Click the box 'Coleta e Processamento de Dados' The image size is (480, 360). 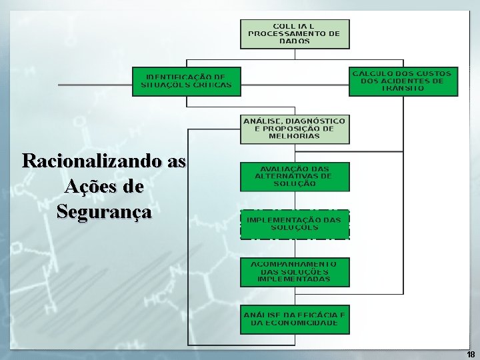click(x=294, y=33)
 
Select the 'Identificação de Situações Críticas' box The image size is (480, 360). click(x=187, y=81)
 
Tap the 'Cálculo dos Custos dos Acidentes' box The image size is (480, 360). click(x=403, y=81)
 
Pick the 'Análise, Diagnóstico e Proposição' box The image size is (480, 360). click(x=294, y=129)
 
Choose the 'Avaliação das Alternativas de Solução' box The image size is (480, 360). click(x=294, y=176)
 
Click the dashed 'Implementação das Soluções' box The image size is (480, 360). click(x=294, y=224)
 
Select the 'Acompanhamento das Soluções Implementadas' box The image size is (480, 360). click(x=294, y=272)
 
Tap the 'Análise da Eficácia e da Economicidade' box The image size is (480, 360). click(x=294, y=319)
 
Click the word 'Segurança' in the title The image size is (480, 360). click(x=104, y=212)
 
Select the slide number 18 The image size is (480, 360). click(x=471, y=354)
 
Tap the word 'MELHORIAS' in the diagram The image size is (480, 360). click(x=294, y=136)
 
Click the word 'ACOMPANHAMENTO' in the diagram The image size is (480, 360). click(x=294, y=265)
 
